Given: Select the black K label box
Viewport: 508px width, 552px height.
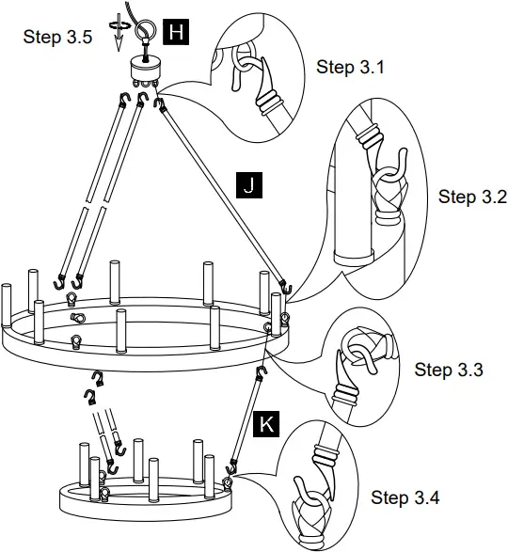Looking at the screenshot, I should (268, 425).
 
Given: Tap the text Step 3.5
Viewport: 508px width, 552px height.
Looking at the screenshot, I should (56, 38).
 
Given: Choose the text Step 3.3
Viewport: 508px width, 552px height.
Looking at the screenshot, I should (449, 369).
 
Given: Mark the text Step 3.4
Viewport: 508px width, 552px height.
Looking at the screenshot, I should (405, 497).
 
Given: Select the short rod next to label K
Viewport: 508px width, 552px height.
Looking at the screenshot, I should (247, 423).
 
